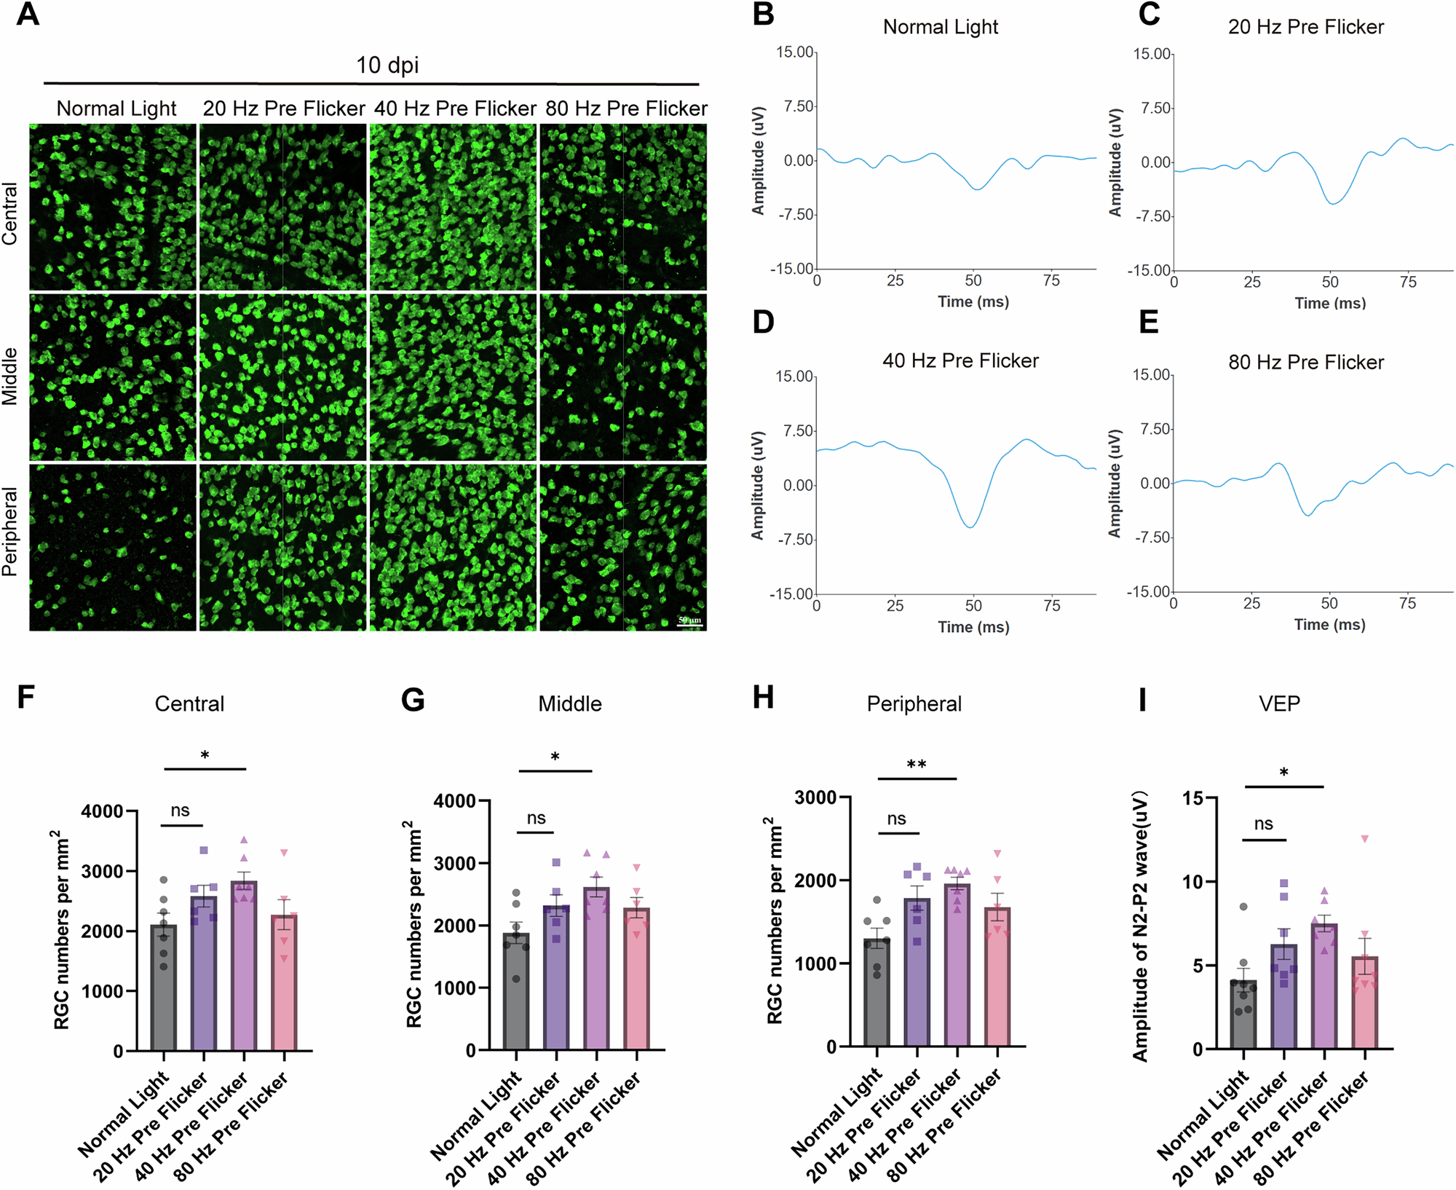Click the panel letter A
(x=28, y=15)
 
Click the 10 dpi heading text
(x=387, y=66)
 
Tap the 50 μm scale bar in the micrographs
(x=689, y=625)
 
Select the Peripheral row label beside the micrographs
(x=10, y=532)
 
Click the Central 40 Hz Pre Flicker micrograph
(x=453, y=208)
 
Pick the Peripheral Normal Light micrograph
(x=113, y=548)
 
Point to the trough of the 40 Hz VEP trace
(x=970, y=526)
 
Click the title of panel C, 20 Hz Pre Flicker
(x=1305, y=28)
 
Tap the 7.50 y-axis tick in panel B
(x=798, y=107)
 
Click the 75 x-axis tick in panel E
(x=1407, y=604)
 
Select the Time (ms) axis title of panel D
(x=973, y=627)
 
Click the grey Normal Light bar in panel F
(x=164, y=990)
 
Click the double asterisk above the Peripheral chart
(x=917, y=765)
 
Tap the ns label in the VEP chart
(x=1264, y=824)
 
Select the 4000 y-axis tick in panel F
(x=102, y=811)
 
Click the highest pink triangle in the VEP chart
(x=1365, y=839)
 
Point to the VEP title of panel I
(x=1279, y=704)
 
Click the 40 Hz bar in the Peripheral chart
(x=957, y=969)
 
